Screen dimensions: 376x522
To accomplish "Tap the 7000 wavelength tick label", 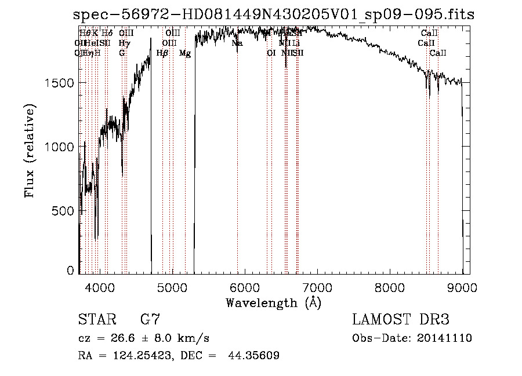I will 317,286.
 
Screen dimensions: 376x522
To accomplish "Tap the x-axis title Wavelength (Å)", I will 273,302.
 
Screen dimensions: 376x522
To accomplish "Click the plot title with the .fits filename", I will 274,15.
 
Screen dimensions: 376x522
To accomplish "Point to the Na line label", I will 237,43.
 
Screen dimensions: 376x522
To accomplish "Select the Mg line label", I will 185,53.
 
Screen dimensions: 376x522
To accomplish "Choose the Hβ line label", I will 162,53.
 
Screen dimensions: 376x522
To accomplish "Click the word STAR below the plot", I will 96,320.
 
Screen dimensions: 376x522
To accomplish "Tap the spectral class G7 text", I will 150,320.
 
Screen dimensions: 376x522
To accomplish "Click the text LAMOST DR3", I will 401,320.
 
